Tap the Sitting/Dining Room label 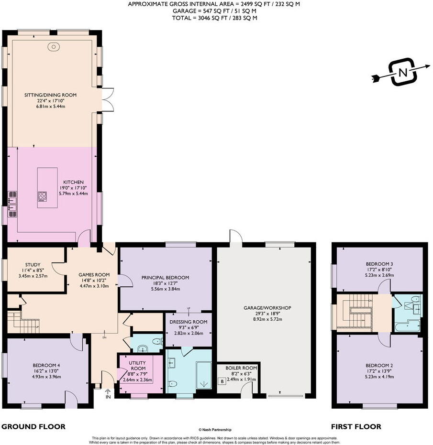coord(51,95)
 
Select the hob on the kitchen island coord(43,196)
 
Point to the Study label coord(33,264)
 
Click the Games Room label coord(94,274)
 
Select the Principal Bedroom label coord(165,277)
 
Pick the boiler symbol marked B coord(222,381)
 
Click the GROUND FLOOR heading coord(33,426)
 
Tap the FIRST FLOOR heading coord(356,426)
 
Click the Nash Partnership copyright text coord(217,430)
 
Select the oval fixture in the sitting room coord(53,47)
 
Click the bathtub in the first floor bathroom coord(407,327)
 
